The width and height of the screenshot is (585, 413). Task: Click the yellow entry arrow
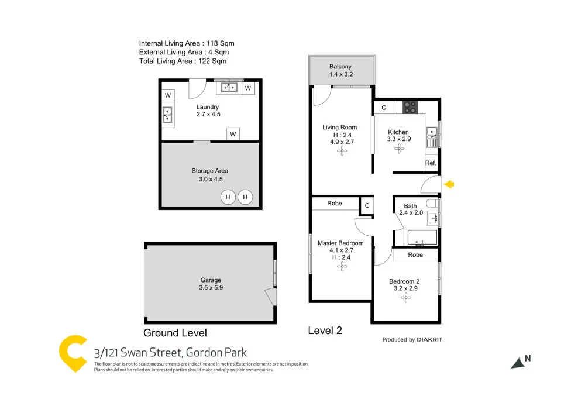tap(449, 185)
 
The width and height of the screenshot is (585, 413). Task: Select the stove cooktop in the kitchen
tap(410, 107)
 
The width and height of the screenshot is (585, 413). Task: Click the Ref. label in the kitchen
tap(431, 163)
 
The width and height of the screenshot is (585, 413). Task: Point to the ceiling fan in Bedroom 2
tap(406, 298)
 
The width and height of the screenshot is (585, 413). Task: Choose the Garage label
tap(211, 280)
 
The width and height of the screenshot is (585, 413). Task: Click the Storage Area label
tap(210, 171)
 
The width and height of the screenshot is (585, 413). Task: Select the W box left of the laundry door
tap(168, 95)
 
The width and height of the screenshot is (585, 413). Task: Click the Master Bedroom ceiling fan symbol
tap(342, 267)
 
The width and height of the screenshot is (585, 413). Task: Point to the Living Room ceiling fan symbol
tap(342, 152)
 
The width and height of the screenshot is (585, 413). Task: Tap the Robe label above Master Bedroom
tap(335, 204)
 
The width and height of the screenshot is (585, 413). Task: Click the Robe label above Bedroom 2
tap(415, 255)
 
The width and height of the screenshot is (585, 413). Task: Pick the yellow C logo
tap(73, 353)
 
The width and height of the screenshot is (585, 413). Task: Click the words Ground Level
tap(175, 333)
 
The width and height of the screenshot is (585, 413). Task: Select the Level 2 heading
tap(325, 331)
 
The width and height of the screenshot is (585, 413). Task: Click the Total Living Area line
tap(183, 61)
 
